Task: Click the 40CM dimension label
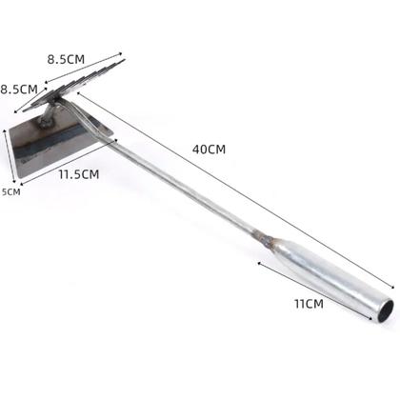(209, 150)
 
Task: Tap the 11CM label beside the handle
(309, 304)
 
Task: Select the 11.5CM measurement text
(79, 174)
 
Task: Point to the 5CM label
(11, 191)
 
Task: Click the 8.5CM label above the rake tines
(66, 59)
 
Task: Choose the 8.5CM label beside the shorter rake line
(19, 90)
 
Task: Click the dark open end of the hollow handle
(387, 311)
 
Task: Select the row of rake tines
(74, 86)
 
